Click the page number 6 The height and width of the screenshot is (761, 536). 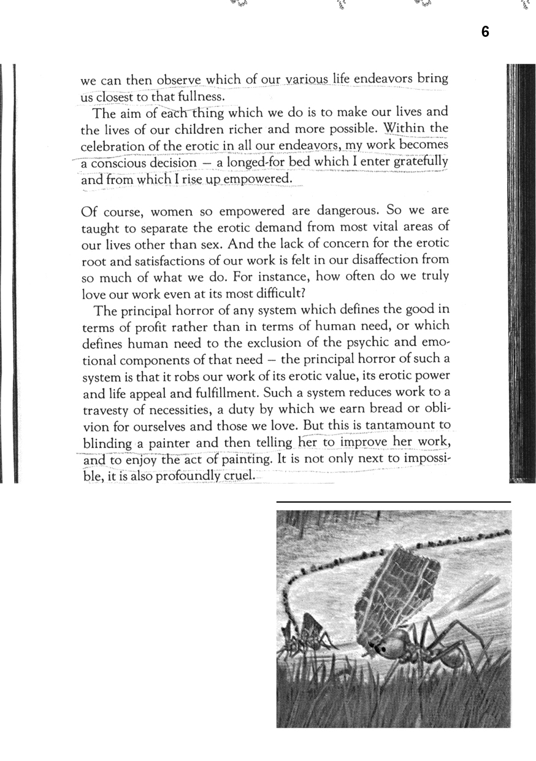(485, 32)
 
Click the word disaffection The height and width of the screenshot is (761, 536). (392, 260)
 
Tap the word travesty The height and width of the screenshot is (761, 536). (107, 408)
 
